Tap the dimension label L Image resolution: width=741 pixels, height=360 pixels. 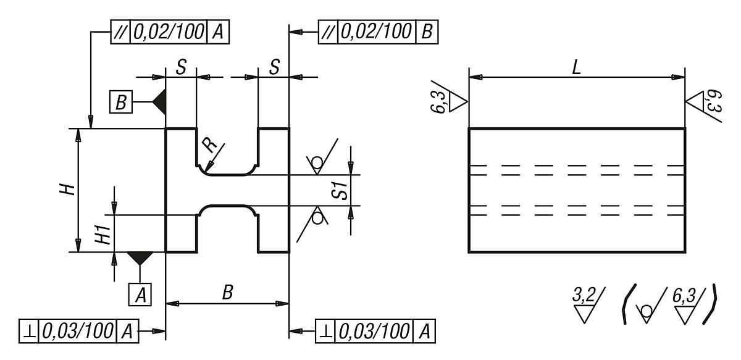[x=576, y=68]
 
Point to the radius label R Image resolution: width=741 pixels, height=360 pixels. [x=211, y=147]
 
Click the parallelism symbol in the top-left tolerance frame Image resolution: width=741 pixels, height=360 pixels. [x=119, y=31]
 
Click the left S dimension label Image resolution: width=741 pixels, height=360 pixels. [x=181, y=67]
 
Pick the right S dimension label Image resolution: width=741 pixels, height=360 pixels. [x=274, y=67]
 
